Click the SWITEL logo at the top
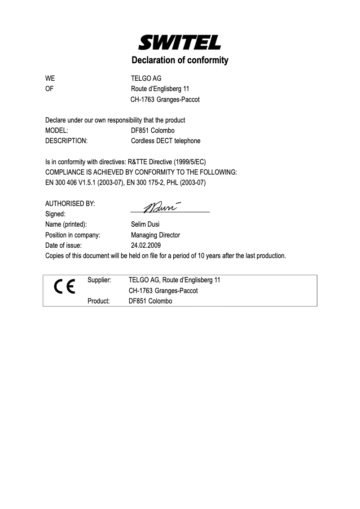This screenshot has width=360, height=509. (180, 43)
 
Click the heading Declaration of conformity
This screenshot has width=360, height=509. (180, 60)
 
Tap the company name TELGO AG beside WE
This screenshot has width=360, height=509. (143, 79)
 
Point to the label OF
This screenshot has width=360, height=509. (49, 89)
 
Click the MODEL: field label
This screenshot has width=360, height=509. (57, 131)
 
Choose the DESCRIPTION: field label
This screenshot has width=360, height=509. (66, 141)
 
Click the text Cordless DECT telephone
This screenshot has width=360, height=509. (166, 141)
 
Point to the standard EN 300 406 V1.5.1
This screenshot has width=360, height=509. (70, 183)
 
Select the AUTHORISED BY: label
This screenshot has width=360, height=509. (70, 203)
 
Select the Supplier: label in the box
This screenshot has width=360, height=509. (99, 280)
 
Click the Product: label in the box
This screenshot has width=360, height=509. (99, 301)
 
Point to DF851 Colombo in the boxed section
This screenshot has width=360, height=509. (150, 301)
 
